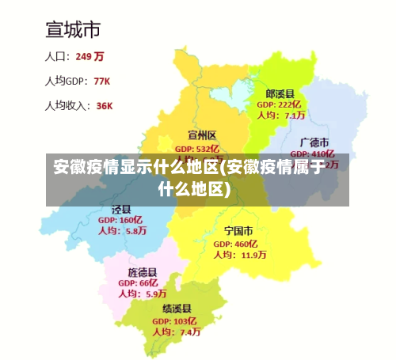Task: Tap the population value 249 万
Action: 89,56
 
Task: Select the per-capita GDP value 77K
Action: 101,81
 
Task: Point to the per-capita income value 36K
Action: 104,105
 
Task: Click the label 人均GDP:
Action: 65,81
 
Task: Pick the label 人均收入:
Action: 67,105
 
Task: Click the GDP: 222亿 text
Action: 280,104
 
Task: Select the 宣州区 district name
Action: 202,135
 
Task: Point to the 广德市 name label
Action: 314,142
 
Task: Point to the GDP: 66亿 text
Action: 139,282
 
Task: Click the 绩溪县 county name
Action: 176,309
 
